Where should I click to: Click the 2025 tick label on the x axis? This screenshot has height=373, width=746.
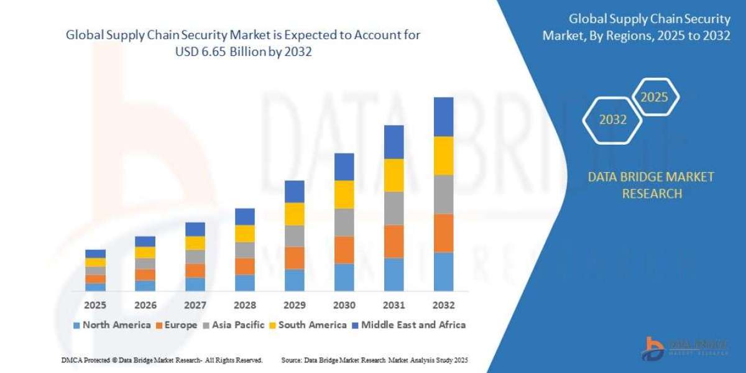coord(95,305)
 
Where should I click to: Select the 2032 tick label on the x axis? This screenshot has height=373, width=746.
coord(443,305)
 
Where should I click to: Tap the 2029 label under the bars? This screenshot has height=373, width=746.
coord(294,305)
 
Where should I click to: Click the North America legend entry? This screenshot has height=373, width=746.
coord(112,325)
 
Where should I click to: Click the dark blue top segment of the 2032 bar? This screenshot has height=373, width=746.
coord(443,117)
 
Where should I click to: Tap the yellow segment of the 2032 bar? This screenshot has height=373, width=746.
coord(443,155)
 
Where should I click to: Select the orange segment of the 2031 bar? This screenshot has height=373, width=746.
coord(394,241)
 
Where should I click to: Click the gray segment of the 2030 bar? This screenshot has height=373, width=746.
coord(344,222)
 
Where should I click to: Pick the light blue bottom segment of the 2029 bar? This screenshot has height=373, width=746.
coord(294,280)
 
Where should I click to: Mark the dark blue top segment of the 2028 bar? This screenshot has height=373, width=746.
coord(244,216)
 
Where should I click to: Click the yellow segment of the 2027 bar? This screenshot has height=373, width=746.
coord(195,243)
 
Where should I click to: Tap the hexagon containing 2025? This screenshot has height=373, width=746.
coord(654,98)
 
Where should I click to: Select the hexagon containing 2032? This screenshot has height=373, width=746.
coord(613,120)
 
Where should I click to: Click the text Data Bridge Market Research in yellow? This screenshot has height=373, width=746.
coord(651,185)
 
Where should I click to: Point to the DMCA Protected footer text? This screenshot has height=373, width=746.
coord(162,360)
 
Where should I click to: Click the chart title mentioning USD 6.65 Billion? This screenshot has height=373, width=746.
coord(243,44)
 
